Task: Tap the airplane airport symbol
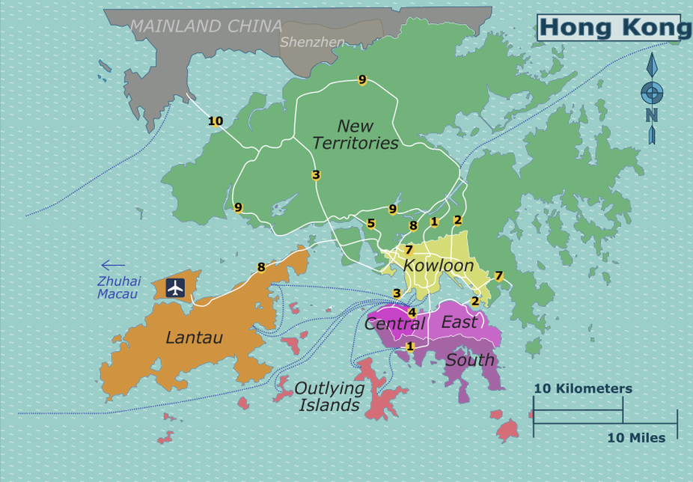tap(175, 287)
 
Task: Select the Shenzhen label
tap(312, 43)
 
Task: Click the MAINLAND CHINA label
tap(207, 26)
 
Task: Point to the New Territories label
tap(355, 135)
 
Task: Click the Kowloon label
tap(438, 266)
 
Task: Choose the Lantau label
tap(194, 338)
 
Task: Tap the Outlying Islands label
tap(329, 397)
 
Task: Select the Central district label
tap(394, 324)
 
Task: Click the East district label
tap(459, 322)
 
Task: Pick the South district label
tap(470, 361)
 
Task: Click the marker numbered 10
tap(216, 121)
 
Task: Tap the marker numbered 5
tap(370, 223)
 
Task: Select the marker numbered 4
tap(412, 312)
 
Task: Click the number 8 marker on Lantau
tap(261, 267)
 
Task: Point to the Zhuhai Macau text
tap(118, 288)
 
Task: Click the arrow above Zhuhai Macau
tap(113, 265)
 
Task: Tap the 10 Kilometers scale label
tap(582, 389)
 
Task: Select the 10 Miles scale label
tap(635, 438)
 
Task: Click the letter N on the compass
tap(651, 115)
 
